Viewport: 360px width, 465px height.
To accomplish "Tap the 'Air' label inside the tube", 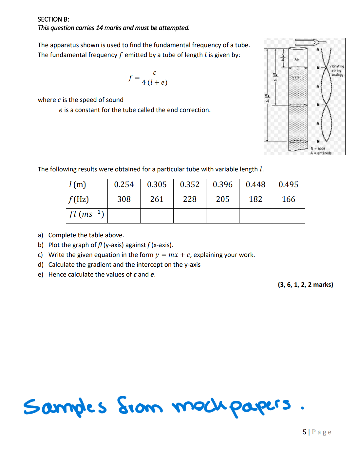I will tap(297, 60).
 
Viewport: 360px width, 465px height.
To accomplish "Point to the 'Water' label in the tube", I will tap(296, 77).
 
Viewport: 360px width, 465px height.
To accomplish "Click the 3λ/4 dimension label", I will tap(275, 77).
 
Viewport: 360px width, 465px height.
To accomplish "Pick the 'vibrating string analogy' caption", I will tap(337, 70).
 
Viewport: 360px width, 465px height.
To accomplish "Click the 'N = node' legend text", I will tap(318, 148).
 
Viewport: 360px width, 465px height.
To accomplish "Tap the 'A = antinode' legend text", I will tap(321, 153).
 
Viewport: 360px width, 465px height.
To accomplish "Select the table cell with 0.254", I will tap(124, 185).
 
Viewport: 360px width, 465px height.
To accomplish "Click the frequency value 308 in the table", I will tap(124, 199).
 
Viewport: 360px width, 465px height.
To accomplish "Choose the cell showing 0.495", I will tap(288, 185).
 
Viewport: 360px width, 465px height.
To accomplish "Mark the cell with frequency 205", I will tap(222, 199).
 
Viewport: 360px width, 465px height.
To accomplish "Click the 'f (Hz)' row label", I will tap(79, 199).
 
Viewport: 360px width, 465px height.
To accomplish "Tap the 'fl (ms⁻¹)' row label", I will tap(86, 214).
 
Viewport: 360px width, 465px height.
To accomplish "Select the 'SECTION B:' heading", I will tap(53, 19).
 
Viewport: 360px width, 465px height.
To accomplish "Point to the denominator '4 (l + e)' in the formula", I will tap(155, 83).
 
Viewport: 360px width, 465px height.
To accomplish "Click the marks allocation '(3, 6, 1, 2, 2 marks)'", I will tap(305, 284).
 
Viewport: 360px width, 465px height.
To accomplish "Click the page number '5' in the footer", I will tap(304, 432).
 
